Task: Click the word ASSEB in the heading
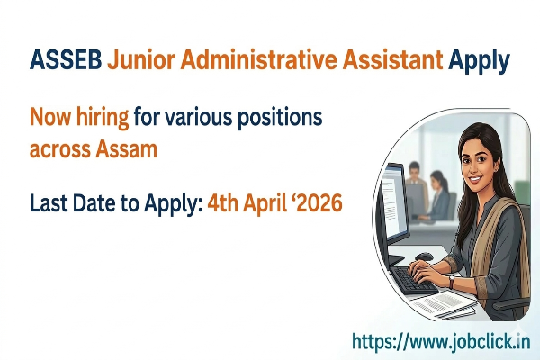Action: [x=64, y=60]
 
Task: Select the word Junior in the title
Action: [x=140, y=60]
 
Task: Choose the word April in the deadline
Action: [x=260, y=204]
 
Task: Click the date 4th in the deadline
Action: [x=221, y=204]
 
